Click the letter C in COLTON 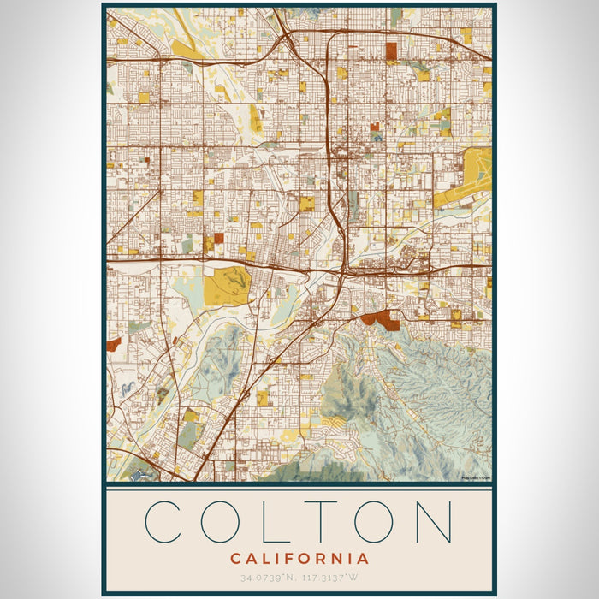164,521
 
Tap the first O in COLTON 225,521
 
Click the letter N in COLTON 433,521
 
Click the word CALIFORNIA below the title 299,559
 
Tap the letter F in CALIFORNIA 292,559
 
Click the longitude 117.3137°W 330,577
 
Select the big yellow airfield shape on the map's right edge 467,178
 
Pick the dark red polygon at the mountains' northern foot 383,320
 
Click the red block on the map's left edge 114,345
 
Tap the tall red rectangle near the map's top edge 391,53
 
